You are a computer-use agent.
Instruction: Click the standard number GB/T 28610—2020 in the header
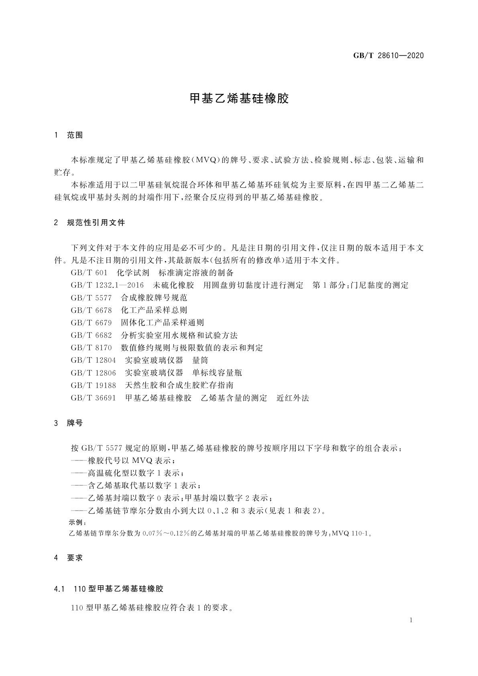(388, 56)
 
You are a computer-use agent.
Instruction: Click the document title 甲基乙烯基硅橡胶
(239, 99)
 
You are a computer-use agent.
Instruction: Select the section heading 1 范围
(68, 135)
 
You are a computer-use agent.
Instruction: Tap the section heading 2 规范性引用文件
(89, 222)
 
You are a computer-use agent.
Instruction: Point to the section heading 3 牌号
(68, 423)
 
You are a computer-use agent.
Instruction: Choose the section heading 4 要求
(68, 558)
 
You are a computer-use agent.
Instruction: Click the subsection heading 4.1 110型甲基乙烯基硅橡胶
(108, 589)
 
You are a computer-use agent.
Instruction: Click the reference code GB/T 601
(89, 273)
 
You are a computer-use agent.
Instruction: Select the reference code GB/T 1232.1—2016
(107, 285)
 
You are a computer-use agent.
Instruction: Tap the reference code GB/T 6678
(91, 310)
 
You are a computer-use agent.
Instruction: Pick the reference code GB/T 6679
(91, 323)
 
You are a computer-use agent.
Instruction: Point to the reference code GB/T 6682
(91, 335)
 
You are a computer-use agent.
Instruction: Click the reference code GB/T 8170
(91, 348)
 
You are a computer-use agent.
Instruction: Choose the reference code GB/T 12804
(93, 360)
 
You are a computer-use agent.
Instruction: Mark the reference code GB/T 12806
(93, 373)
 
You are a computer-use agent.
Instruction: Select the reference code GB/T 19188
(93, 385)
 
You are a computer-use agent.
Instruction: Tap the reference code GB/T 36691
(93, 398)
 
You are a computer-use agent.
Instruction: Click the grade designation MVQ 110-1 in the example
(352, 534)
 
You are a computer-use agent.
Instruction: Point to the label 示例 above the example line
(77, 523)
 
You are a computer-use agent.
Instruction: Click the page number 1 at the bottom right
(411, 620)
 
